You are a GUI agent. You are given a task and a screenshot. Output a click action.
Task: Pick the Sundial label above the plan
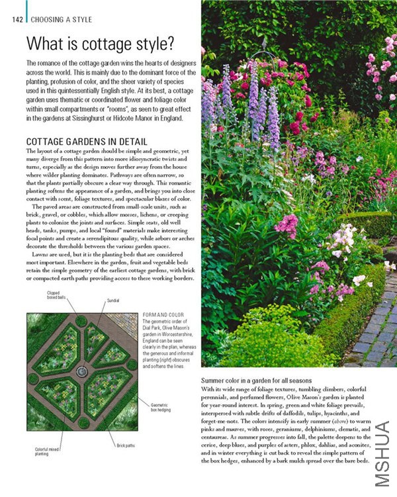113,301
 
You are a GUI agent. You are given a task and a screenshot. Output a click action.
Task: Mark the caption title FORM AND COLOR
162,314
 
